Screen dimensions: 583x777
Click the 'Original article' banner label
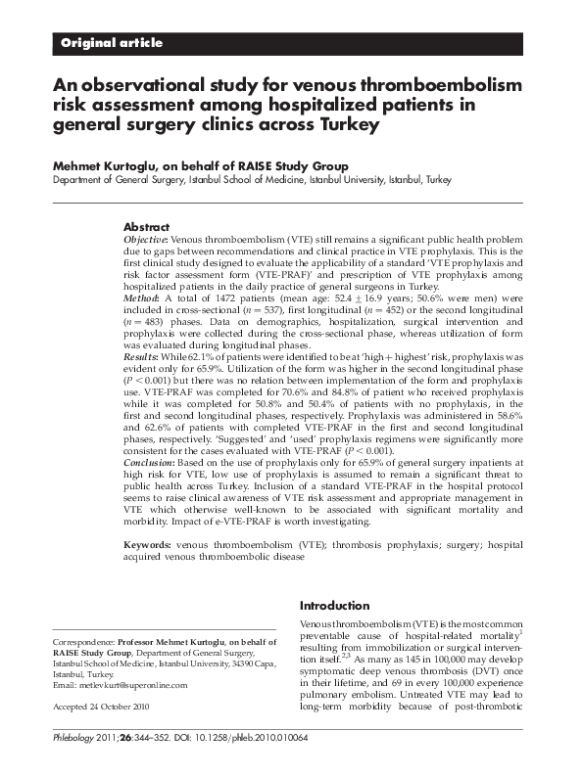[x=112, y=43]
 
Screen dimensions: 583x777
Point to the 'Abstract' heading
[x=146, y=227]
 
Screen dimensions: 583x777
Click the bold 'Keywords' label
[x=150, y=543]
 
